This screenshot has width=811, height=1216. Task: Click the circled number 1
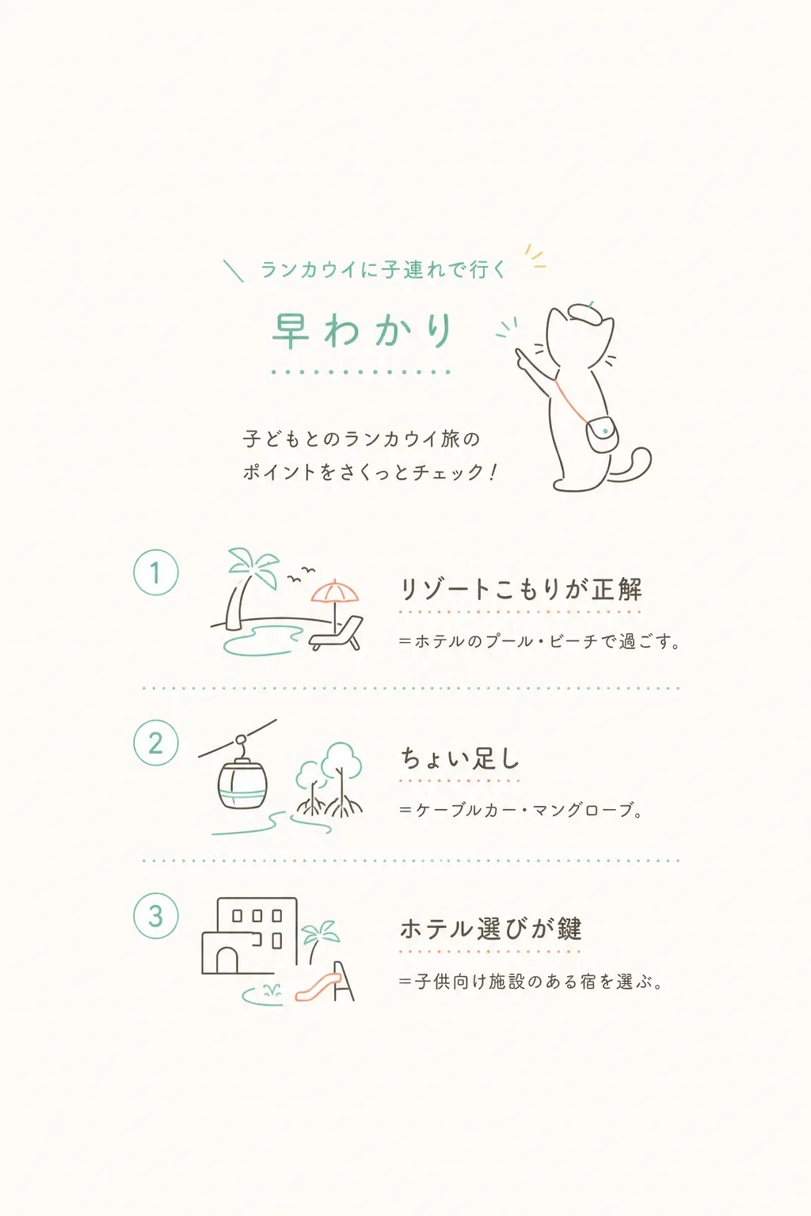pyautogui.click(x=156, y=572)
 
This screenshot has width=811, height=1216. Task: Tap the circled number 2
pyautogui.click(x=156, y=743)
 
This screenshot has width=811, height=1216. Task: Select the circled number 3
pyautogui.click(x=156, y=916)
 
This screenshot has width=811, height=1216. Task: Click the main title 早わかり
pyautogui.click(x=362, y=330)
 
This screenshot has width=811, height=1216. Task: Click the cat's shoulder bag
pyautogui.click(x=603, y=434)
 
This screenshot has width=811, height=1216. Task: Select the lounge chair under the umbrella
pyautogui.click(x=337, y=633)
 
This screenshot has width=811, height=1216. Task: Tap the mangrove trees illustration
pyautogui.click(x=329, y=780)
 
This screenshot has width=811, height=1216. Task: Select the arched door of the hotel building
pyautogui.click(x=227, y=960)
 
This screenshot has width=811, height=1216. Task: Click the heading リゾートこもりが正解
pyautogui.click(x=521, y=590)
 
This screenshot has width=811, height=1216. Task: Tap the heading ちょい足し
pyautogui.click(x=460, y=758)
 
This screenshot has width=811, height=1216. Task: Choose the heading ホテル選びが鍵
pyautogui.click(x=490, y=929)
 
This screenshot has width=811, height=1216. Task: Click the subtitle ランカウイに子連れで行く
pyautogui.click(x=383, y=269)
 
